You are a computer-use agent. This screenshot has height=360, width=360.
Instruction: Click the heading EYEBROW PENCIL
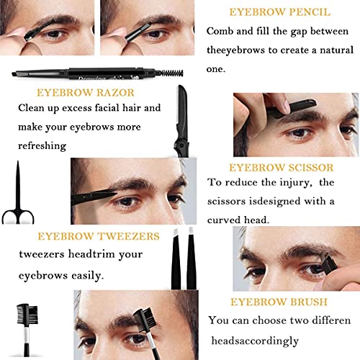(281, 12)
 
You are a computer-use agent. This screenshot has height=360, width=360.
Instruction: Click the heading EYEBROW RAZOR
(80, 92)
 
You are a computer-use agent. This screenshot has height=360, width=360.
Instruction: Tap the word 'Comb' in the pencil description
(221, 31)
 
